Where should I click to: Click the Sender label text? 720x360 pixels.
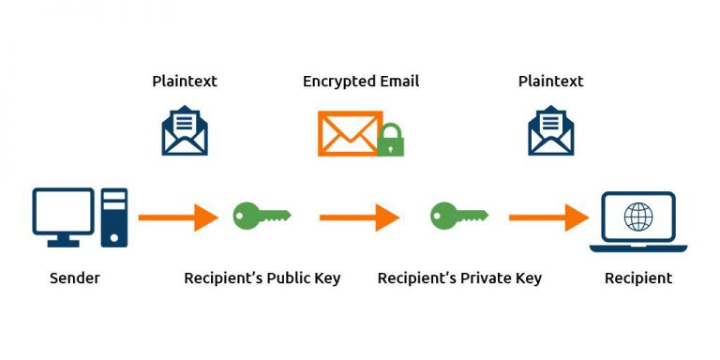[x=75, y=278]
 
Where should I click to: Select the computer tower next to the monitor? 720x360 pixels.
[x=114, y=217]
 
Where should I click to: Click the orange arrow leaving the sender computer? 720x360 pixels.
[x=178, y=218]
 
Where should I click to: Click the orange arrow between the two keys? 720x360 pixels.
[x=359, y=218]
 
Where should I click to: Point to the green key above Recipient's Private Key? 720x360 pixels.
[x=458, y=216]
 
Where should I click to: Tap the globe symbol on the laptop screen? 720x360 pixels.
[x=638, y=217]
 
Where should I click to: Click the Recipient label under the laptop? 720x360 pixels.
[x=637, y=278]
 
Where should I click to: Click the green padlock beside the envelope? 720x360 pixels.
[x=390, y=141]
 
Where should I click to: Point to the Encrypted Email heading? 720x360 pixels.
[x=360, y=82]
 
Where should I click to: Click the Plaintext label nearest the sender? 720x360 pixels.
[x=185, y=82]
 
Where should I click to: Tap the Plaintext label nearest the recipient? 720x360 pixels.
[x=550, y=82]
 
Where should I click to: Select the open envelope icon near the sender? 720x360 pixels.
[x=185, y=131]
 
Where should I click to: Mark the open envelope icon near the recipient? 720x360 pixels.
[x=550, y=131]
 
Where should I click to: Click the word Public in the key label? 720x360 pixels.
[x=291, y=278]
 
